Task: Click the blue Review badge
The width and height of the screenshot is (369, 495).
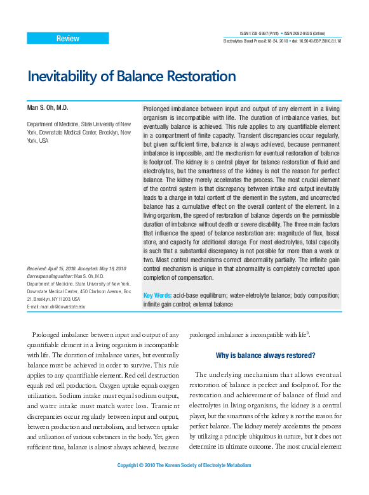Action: (67, 39)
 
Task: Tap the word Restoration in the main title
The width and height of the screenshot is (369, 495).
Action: (200, 77)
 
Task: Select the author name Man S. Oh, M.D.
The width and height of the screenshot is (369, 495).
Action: (47, 109)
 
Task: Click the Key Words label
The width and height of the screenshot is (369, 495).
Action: (158, 296)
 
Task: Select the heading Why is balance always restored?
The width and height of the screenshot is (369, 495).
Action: (265, 355)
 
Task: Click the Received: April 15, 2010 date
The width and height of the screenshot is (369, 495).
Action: (53, 268)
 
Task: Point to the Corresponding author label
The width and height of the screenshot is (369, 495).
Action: (50, 277)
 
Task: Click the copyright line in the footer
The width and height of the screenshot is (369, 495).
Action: (184, 466)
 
